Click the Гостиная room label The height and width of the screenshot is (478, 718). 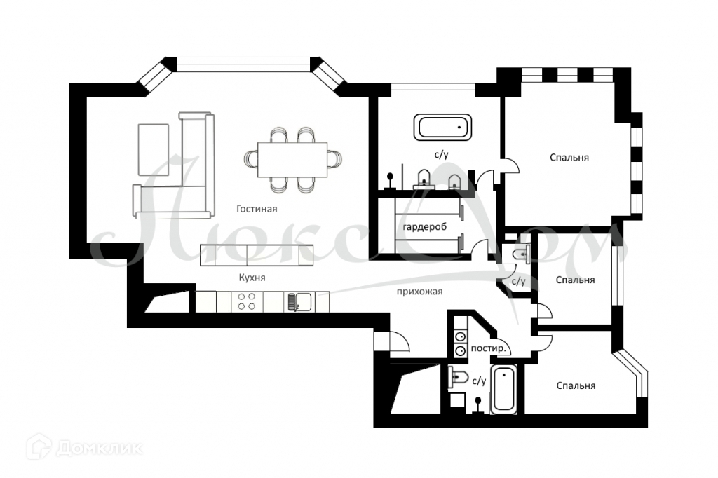pyautogui.click(x=257, y=209)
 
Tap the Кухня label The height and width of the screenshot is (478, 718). pyautogui.click(x=252, y=278)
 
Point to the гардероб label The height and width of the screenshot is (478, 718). pyautogui.click(x=425, y=228)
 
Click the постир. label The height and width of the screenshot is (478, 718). pyautogui.click(x=490, y=348)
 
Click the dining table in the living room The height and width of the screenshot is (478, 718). pyautogui.click(x=293, y=160)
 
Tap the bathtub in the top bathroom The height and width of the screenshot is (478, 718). pyautogui.click(x=445, y=127)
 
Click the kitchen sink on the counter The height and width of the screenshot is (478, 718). pyautogui.click(x=299, y=302)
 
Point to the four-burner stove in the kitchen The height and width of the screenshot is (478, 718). pyautogui.click(x=246, y=302)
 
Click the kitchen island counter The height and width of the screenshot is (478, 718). pyautogui.click(x=255, y=254)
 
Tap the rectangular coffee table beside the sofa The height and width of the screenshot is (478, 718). pyautogui.click(x=153, y=149)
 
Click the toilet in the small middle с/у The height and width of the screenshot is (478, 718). pyautogui.click(x=520, y=254)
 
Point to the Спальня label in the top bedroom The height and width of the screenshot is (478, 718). pyautogui.click(x=569, y=158)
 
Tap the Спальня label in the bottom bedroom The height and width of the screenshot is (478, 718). pyautogui.click(x=576, y=385)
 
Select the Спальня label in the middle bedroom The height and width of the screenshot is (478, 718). pyautogui.click(x=575, y=280)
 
